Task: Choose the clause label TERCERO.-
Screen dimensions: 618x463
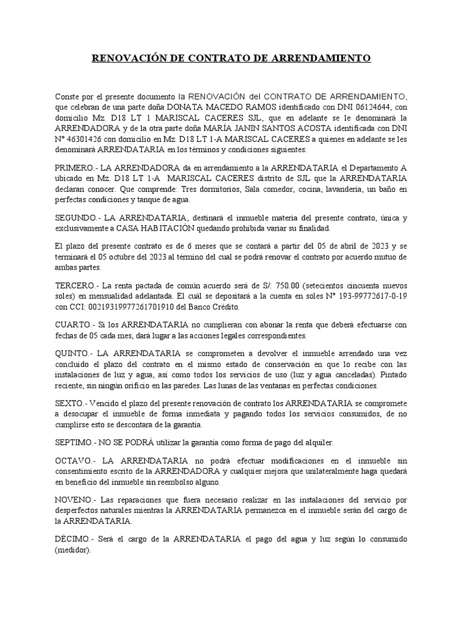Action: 77,285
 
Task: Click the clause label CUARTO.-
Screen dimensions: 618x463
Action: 74,325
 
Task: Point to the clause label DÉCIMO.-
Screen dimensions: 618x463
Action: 74,539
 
